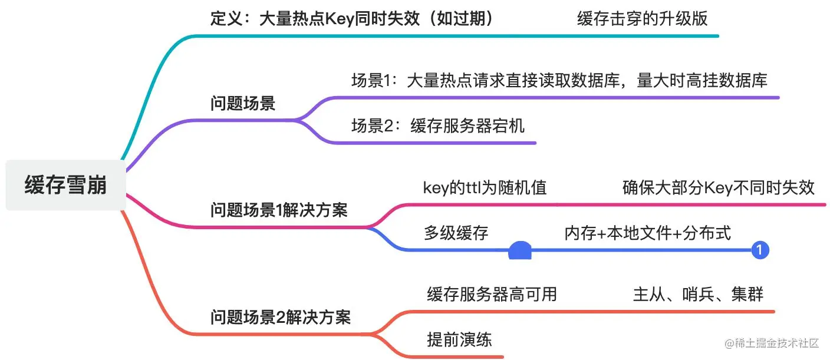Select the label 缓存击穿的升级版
(x=642, y=18)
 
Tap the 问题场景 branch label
(x=243, y=104)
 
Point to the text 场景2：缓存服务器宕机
(x=438, y=125)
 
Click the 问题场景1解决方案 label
(x=279, y=210)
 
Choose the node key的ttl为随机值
(x=485, y=187)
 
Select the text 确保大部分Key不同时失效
(x=719, y=187)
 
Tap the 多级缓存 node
(x=456, y=233)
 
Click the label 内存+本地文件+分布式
(x=647, y=233)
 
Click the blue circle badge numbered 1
(x=760, y=250)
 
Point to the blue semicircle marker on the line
(x=520, y=252)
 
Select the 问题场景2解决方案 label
(x=281, y=318)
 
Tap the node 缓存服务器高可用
(x=492, y=294)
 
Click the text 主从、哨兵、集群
(x=699, y=294)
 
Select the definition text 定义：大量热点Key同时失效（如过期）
(x=351, y=18)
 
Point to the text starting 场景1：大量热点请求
(x=559, y=80)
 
